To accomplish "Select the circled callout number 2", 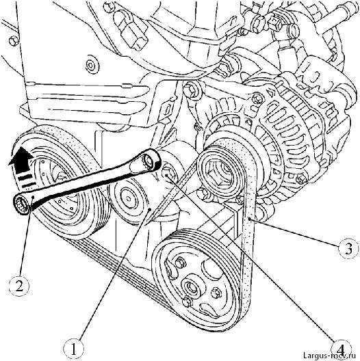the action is coord(19,286).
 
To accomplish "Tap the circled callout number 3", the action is coord(348,249).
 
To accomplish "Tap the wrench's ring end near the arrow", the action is coord(23,203).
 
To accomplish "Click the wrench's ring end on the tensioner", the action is coord(150,161).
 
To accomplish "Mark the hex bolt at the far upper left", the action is coord(14,42).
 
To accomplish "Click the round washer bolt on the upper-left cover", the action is coord(92,64).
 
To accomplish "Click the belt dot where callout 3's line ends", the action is coord(249,219).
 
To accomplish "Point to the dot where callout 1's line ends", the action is coord(150,209).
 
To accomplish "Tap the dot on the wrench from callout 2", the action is coord(33,198).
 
